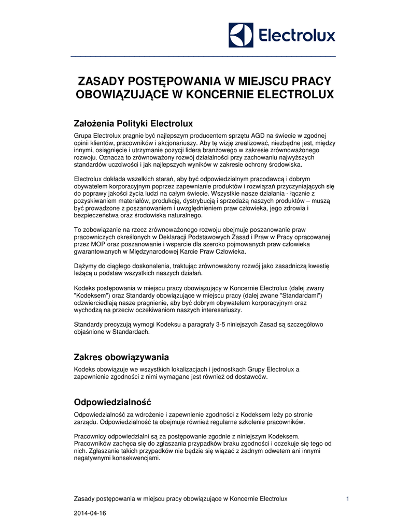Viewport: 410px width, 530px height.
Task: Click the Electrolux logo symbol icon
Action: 241,35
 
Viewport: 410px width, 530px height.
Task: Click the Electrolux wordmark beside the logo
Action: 296,36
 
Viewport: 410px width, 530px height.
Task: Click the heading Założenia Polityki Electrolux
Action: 134,124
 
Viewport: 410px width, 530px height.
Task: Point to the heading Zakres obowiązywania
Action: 122,357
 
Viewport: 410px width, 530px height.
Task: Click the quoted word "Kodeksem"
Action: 92,295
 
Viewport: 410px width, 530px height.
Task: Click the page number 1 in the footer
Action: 347,498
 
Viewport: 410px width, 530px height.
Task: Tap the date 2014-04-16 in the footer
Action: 91,513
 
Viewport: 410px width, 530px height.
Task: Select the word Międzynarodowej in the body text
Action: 159,252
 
